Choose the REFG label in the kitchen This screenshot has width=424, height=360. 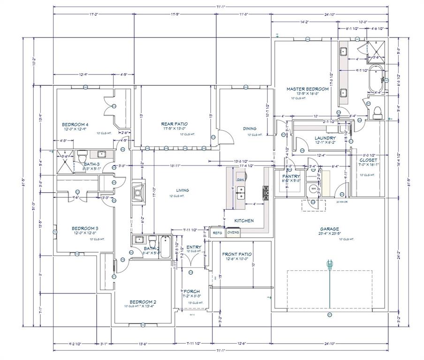click(218, 232)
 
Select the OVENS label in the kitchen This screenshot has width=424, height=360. click(233, 232)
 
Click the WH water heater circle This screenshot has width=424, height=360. click(313, 189)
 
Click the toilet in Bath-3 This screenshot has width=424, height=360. click(83, 154)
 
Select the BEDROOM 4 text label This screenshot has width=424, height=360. click(76, 125)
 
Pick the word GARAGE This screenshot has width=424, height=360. click(329, 229)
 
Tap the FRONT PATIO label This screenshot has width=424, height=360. click(237, 254)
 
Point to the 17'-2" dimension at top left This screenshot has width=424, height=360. click(94, 15)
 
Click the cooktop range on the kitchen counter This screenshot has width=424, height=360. click(265, 190)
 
